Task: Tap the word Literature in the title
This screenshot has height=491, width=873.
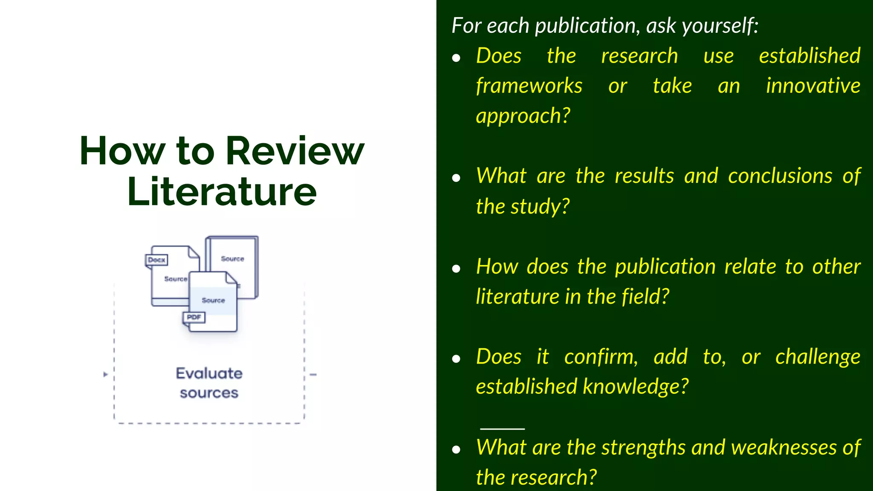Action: tap(222, 192)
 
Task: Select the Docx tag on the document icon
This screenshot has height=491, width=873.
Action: tap(156, 260)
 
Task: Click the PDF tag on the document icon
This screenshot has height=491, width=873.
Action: tap(194, 317)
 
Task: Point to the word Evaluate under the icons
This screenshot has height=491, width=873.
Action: tap(209, 373)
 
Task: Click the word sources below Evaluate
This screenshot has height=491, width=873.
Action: tap(209, 393)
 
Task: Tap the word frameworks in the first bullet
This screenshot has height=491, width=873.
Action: tap(529, 86)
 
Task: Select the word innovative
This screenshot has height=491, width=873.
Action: tap(813, 86)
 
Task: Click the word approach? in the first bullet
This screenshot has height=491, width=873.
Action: tap(523, 116)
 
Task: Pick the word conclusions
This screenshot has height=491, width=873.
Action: tap(780, 176)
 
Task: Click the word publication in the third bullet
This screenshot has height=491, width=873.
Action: tap(665, 267)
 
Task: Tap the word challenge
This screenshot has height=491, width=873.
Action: tap(818, 357)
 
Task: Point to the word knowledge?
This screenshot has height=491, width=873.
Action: tap(635, 387)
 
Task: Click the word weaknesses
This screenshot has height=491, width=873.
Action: tap(783, 448)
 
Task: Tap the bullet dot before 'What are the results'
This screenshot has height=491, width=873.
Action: tap(456, 178)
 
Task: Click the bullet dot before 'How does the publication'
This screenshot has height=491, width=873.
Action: tap(456, 269)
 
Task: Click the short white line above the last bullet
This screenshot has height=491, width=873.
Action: tap(502, 428)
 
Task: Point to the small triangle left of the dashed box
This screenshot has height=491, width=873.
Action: tap(105, 375)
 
